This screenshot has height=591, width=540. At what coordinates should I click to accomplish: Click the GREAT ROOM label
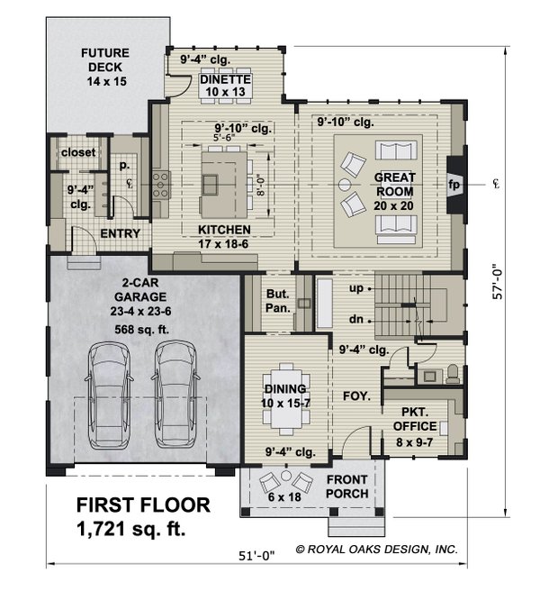[394, 184]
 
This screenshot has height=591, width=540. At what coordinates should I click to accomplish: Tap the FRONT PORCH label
[346, 486]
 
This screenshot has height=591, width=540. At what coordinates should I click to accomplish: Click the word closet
[78, 152]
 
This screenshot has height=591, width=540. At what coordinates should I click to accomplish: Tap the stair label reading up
[356, 290]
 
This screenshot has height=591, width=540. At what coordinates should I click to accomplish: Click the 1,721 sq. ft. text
[130, 530]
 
